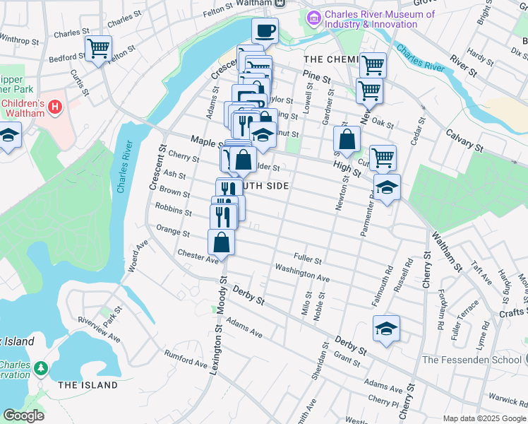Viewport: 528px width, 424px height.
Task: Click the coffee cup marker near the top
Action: click(265, 31)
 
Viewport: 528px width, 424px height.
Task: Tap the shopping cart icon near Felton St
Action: click(98, 49)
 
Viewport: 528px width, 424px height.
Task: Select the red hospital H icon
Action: click(55, 107)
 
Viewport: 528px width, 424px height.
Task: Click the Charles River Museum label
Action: click(371, 19)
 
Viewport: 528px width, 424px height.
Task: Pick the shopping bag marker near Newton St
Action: click(347, 139)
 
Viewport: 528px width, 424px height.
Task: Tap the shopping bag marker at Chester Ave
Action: click(222, 242)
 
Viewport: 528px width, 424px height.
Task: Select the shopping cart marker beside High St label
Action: click(382, 158)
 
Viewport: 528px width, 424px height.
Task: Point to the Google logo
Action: click(23, 416)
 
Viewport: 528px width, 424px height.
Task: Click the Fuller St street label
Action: click(308, 259)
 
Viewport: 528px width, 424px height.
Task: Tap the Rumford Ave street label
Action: click(184, 360)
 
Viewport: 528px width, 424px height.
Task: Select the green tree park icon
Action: click(41, 368)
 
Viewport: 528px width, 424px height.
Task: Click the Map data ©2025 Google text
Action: click(484, 418)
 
